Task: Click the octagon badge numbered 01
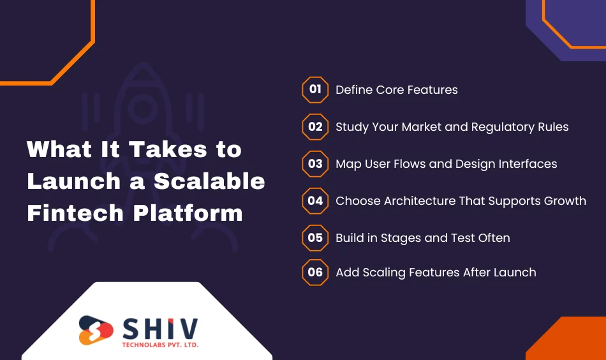pyautogui.click(x=315, y=89)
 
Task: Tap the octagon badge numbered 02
pyautogui.click(x=315, y=126)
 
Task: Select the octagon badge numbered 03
pyautogui.click(x=315, y=163)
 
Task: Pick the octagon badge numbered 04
pyautogui.click(x=315, y=200)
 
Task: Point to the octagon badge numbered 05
pyautogui.click(x=315, y=237)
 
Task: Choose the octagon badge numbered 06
pyautogui.click(x=315, y=272)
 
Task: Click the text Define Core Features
pyautogui.click(x=396, y=90)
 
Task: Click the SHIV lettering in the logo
pyautogui.click(x=159, y=329)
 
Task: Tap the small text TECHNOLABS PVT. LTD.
pyautogui.click(x=159, y=345)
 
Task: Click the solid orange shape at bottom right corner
pyautogui.click(x=571, y=341)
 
